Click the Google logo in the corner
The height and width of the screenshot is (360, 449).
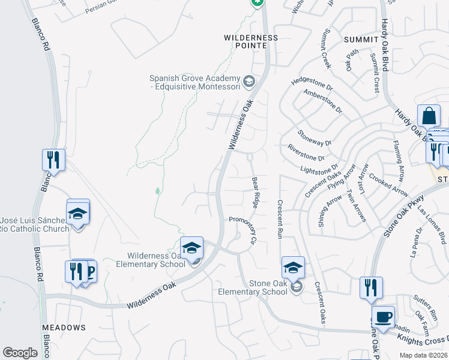tap(20, 352)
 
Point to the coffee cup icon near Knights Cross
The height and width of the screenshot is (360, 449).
tap(383, 317)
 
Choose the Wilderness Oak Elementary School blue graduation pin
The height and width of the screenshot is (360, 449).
tap(191, 248)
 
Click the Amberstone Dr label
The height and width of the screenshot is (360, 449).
tap(322, 101)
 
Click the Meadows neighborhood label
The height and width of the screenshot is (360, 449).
tap(64, 328)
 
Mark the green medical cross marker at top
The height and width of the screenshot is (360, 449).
tap(257, 2)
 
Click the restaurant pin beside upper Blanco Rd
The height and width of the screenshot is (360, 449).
tap(53, 160)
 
